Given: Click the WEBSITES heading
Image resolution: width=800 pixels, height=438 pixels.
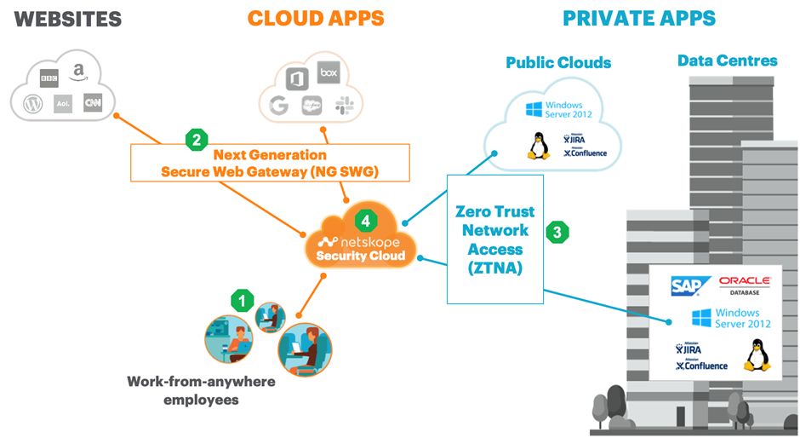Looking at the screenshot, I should click(x=62, y=18).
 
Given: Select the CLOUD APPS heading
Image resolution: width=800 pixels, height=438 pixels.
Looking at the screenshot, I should click(x=316, y=18).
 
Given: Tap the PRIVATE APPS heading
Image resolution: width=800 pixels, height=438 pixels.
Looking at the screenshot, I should click(x=639, y=18).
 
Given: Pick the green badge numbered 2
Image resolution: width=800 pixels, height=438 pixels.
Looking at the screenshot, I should click(x=197, y=140).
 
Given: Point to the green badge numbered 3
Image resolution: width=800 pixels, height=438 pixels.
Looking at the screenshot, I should click(x=557, y=231).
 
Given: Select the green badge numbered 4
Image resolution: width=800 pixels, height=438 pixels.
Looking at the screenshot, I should click(x=365, y=221).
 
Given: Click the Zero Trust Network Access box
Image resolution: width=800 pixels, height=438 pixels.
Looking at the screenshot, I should click(x=494, y=239).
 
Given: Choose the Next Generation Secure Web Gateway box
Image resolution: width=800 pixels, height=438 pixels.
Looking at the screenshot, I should click(x=270, y=163).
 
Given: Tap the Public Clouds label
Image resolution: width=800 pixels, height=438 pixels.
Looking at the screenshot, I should click(x=558, y=62).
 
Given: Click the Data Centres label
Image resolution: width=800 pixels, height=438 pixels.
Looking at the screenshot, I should click(x=727, y=61).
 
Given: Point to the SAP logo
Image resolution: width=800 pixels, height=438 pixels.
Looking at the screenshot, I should click(x=685, y=285).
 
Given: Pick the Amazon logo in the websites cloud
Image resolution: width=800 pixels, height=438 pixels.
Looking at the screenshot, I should click(x=79, y=74).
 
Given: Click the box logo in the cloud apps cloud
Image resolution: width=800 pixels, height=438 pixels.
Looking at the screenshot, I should click(x=329, y=73).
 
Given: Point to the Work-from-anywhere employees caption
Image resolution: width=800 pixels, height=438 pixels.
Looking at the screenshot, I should click(x=201, y=390).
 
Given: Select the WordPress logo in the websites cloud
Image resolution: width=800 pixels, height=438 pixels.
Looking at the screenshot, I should click(x=33, y=104).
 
